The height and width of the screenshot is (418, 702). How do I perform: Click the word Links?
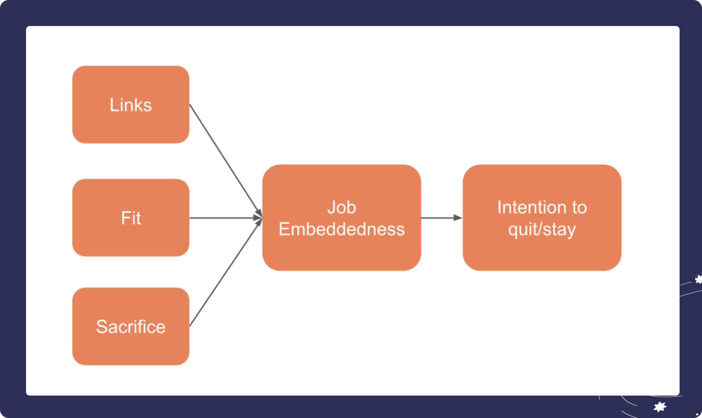point(130,105)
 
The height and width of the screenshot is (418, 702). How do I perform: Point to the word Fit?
point(131,218)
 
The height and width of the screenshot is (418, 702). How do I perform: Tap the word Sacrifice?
point(130,327)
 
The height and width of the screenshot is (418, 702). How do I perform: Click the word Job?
point(342,208)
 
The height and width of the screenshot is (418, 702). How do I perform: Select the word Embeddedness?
point(342,229)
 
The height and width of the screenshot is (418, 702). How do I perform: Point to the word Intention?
point(531,208)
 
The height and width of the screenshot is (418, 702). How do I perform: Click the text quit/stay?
point(542,230)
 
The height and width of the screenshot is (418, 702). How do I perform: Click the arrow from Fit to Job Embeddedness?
point(224,218)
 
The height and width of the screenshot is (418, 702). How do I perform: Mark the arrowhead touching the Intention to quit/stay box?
point(458,218)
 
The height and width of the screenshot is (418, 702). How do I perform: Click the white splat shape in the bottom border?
point(660,407)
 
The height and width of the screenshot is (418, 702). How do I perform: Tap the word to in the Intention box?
point(579,208)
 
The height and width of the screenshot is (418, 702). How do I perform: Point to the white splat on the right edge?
point(699,279)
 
